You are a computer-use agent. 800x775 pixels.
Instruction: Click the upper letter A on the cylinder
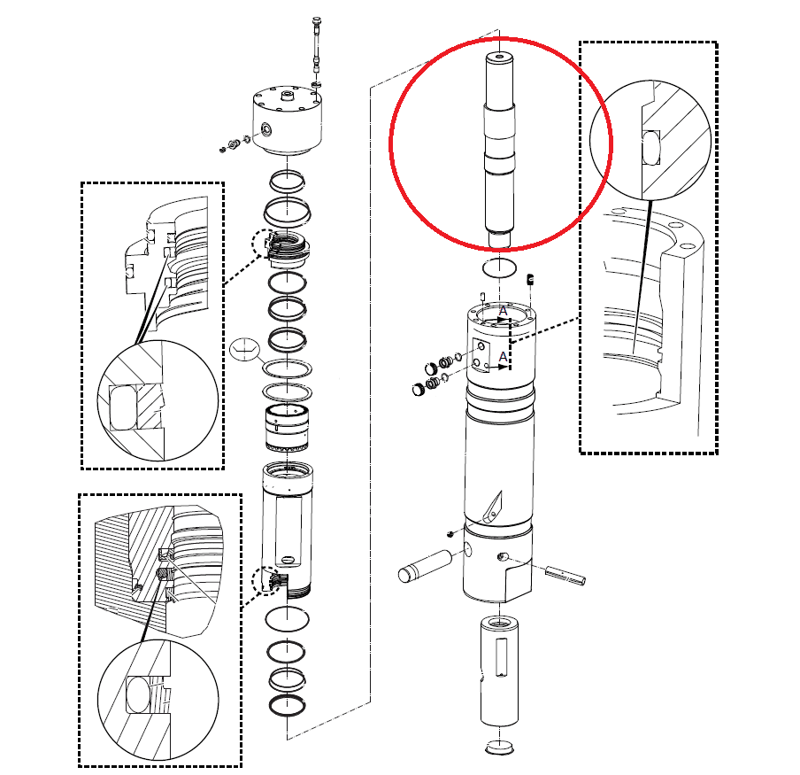(503, 310)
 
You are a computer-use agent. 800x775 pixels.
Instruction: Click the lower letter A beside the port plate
(503, 356)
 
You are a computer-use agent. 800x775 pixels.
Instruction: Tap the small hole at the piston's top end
(499, 56)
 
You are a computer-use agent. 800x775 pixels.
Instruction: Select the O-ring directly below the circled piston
(499, 267)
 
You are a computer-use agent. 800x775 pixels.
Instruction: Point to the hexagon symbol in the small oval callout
(245, 349)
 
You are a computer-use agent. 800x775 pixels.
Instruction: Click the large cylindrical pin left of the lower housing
(425, 566)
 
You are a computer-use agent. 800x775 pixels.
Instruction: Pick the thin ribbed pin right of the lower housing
(565, 575)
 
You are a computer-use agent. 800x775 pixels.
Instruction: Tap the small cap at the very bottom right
(499, 747)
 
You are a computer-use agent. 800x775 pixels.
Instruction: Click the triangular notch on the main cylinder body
(493, 508)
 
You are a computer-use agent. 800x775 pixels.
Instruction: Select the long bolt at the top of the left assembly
(316, 51)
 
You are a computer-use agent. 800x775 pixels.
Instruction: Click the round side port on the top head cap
(266, 128)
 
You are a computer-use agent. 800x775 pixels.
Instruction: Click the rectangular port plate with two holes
(481, 355)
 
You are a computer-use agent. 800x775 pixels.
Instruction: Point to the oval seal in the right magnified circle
(651, 148)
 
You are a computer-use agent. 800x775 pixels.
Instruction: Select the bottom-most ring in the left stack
(288, 705)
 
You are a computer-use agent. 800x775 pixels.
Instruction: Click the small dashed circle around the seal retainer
(265, 243)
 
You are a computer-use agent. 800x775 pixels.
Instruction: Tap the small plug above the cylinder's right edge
(531, 279)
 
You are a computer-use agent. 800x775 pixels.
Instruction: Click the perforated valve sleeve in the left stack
(287, 428)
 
